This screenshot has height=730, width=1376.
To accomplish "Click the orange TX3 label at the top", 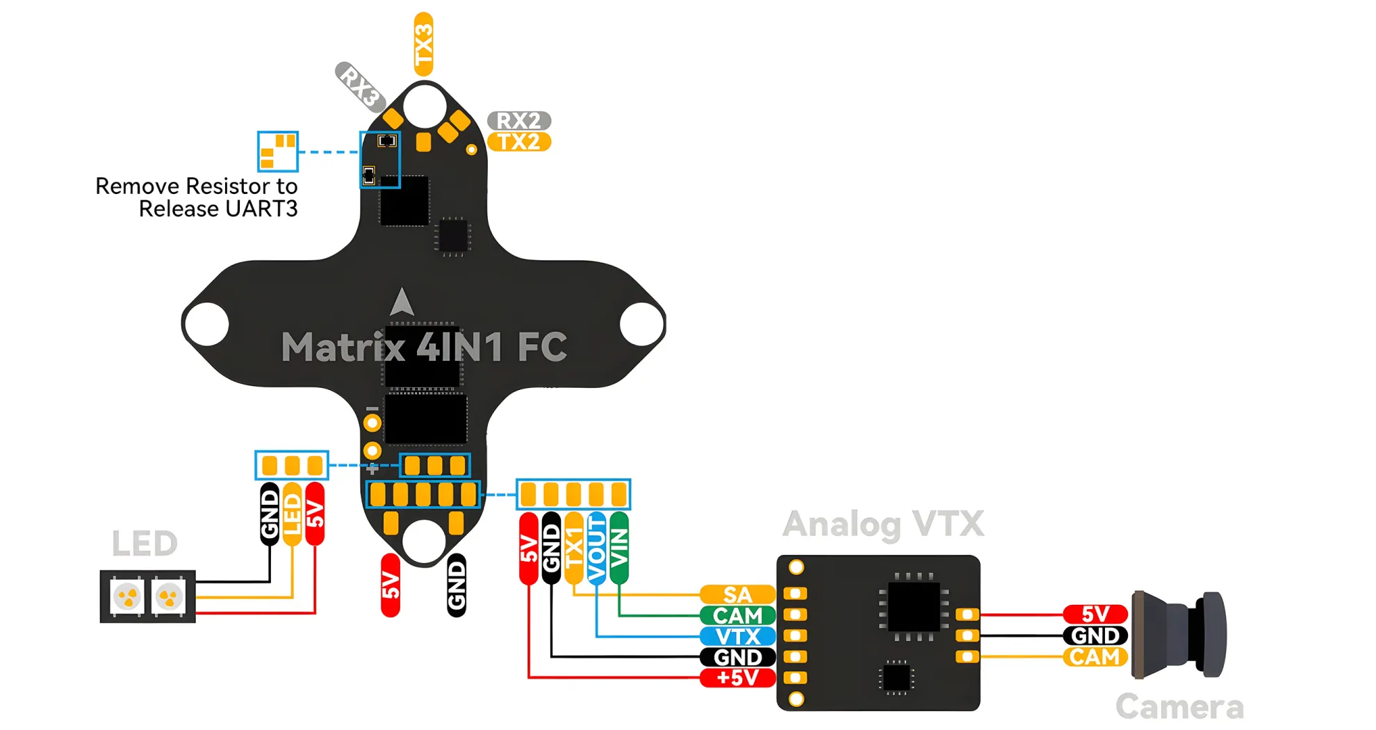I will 423,43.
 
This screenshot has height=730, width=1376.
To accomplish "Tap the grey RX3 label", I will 360,86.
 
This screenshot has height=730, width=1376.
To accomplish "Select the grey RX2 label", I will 518,120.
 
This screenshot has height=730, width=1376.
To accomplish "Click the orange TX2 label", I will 518,142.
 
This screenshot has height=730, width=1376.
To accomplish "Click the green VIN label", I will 619,548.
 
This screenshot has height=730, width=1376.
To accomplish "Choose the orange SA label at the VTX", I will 737,595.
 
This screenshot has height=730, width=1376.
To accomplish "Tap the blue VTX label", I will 737,636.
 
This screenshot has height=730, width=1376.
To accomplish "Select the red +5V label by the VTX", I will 737,678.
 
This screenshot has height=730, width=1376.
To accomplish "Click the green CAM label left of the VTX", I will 737,616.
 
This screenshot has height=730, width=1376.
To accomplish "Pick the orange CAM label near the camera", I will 1095,657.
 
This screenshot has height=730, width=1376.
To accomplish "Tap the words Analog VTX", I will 883,524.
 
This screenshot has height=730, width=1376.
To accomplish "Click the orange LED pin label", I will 293,514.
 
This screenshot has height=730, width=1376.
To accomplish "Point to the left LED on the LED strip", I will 128,597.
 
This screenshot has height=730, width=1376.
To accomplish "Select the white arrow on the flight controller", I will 402,302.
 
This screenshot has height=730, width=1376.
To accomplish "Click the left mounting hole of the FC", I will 207,324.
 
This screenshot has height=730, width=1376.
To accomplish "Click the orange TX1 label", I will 573,548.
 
